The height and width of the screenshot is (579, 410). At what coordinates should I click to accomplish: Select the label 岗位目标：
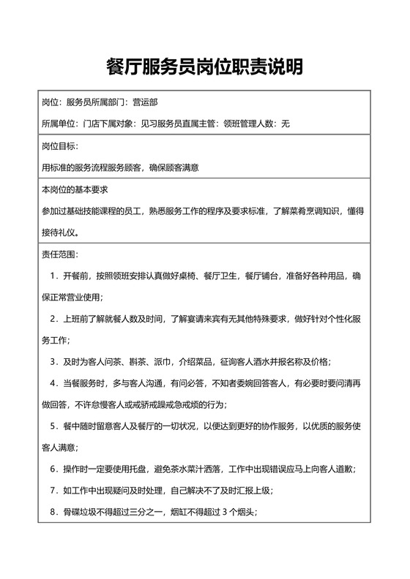pyautogui.click(x=59, y=146)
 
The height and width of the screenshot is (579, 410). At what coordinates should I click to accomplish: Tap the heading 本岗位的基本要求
pyautogui.click(x=75, y=190)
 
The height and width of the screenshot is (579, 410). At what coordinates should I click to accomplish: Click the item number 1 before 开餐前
pyautogui.click(x=53, y=276)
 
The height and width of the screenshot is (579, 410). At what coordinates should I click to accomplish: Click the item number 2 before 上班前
pyautogui.click(x=53, y=319)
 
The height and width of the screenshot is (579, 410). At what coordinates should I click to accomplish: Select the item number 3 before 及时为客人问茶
pyautogui.click(x=53, y=361)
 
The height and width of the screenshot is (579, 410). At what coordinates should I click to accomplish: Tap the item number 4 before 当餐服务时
pyautogui.click(x=53, y=382)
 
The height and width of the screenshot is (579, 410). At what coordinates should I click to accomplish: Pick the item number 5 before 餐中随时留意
pyautogui.click(x=53, y=425)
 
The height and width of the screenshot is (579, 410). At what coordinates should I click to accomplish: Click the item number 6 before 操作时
pyautogui.click(x=53, y=468)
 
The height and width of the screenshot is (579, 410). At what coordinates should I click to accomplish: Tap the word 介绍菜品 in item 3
pyautogui.click(x=197, y=361)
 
